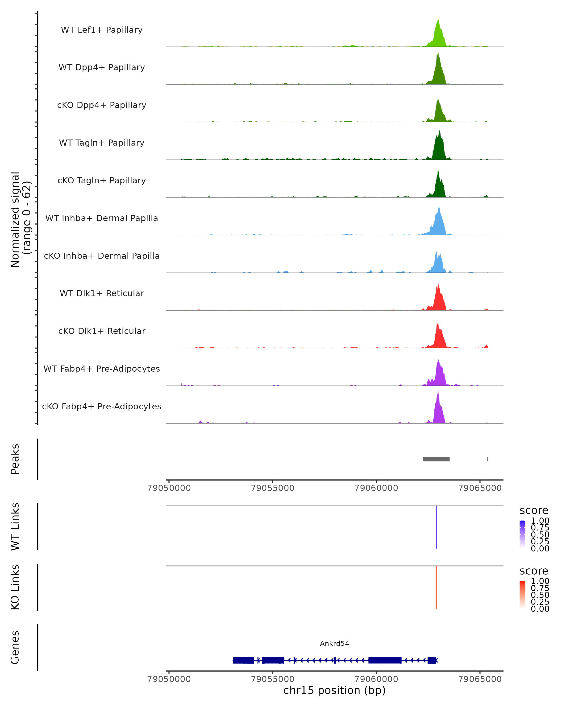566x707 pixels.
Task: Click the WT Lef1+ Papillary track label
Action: coord(102,30)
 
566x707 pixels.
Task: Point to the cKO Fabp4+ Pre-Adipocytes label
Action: coord(102,406)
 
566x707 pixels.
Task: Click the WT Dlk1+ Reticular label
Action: coord(102,293)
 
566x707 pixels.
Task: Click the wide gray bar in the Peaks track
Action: coord(436,459)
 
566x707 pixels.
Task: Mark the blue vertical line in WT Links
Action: coord(436,527)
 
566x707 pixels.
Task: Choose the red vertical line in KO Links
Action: coord(436,587)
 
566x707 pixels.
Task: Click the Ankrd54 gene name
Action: coord(334,643)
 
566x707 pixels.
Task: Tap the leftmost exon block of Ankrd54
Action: coord(243,660)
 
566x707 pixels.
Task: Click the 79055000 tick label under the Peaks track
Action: coord(272,488)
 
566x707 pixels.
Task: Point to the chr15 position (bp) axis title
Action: coord(334,690)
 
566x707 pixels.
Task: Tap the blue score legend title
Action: coord(533,511)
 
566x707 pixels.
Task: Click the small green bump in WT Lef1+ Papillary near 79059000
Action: coord(352,45)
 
